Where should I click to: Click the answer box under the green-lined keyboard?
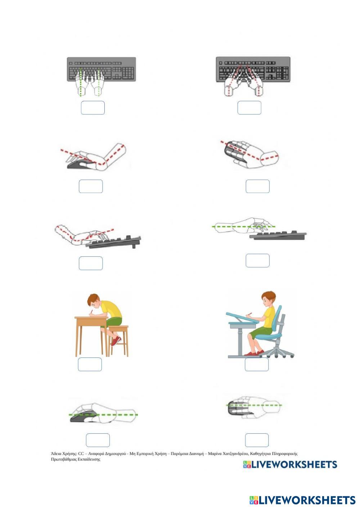pyautogui.click(x=93, y=108)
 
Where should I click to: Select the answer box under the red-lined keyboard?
pyautogui.click(x=249, y=108)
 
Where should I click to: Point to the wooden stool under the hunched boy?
pyautogui.click(x=118, y=341)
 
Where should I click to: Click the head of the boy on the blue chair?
pyautogui.click(x=268, y=298)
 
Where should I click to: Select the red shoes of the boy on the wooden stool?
pyautogui.click(x=116, y=341)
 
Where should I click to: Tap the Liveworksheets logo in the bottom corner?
pyautogui.click(x=302, y=500)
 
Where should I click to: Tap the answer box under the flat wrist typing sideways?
pyautogui.click(x=257, y=260)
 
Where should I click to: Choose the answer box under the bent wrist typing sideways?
pyautogui.click(x=91, y=263)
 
